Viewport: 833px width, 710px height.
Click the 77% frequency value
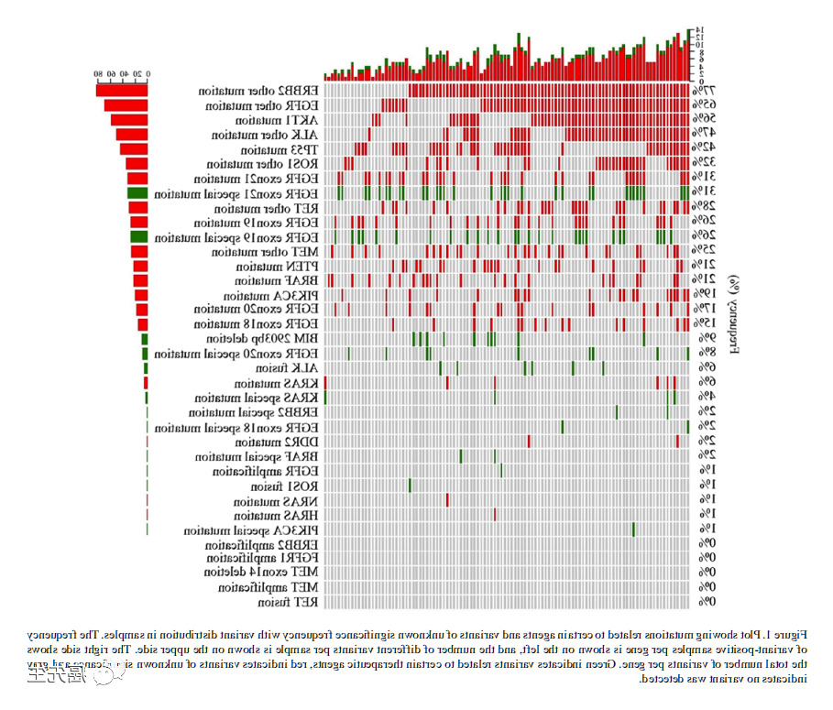(x=702, y=92)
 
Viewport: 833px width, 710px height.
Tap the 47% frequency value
(x=702, y=135)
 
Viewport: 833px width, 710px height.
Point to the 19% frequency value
(x=702, y=295)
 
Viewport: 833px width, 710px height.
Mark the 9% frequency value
(x=702, y=339)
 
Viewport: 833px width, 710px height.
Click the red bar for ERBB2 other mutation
(x=122, y=91)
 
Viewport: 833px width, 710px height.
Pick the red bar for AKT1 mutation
(x=129, y=120)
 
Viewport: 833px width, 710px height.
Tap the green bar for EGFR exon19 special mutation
(x=138, y=237)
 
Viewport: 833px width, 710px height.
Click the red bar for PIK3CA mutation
(x=141, y=295)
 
